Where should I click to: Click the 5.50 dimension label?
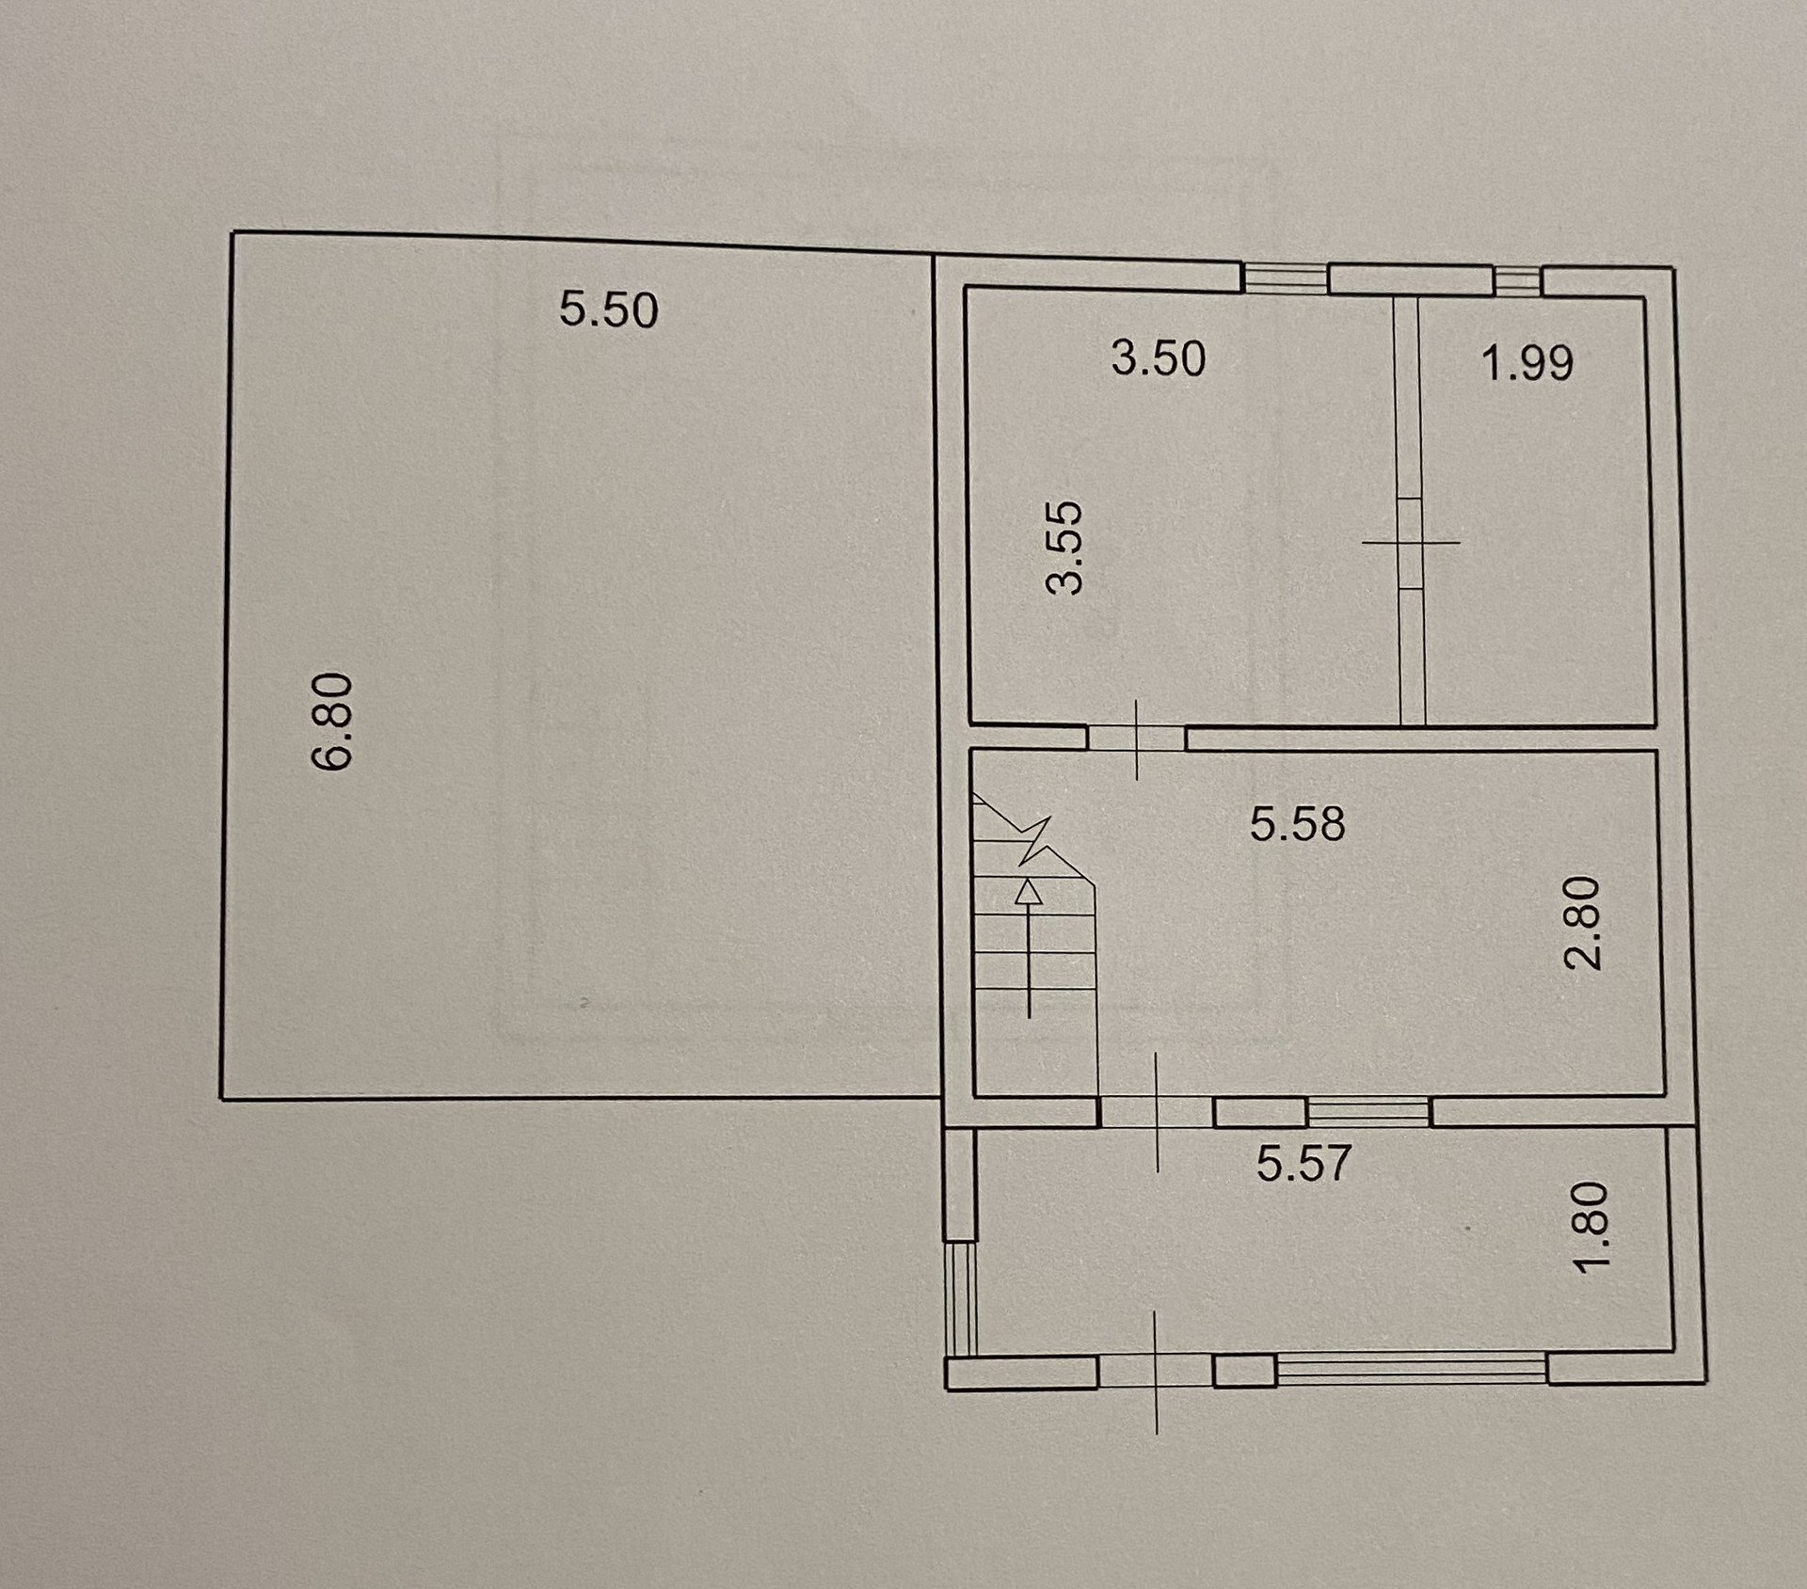[608, 310]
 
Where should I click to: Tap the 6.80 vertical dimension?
[332, 722]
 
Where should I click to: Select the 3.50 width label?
[1158, 358]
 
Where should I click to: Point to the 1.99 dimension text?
[1527, 363]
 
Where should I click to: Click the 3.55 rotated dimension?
[1066, 547]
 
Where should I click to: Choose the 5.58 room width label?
[1297, 823]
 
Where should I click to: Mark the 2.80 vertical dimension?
[1581, 923]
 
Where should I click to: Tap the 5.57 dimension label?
[1303, 1164]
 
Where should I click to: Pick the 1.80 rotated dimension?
[1592, 1228]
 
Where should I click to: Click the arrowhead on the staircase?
[1029, 892]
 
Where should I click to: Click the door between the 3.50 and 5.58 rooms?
[1137, 739]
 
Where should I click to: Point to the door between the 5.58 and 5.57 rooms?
[1157, 1112]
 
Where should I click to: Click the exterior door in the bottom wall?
[1156, 1371]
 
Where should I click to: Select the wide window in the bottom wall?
[1411, 1368]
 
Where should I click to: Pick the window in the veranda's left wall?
[961, 1298]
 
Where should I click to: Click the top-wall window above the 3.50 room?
[1285, 278]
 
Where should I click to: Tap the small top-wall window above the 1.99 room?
[1517, 281]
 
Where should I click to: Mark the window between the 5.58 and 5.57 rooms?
[1368, 1112]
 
